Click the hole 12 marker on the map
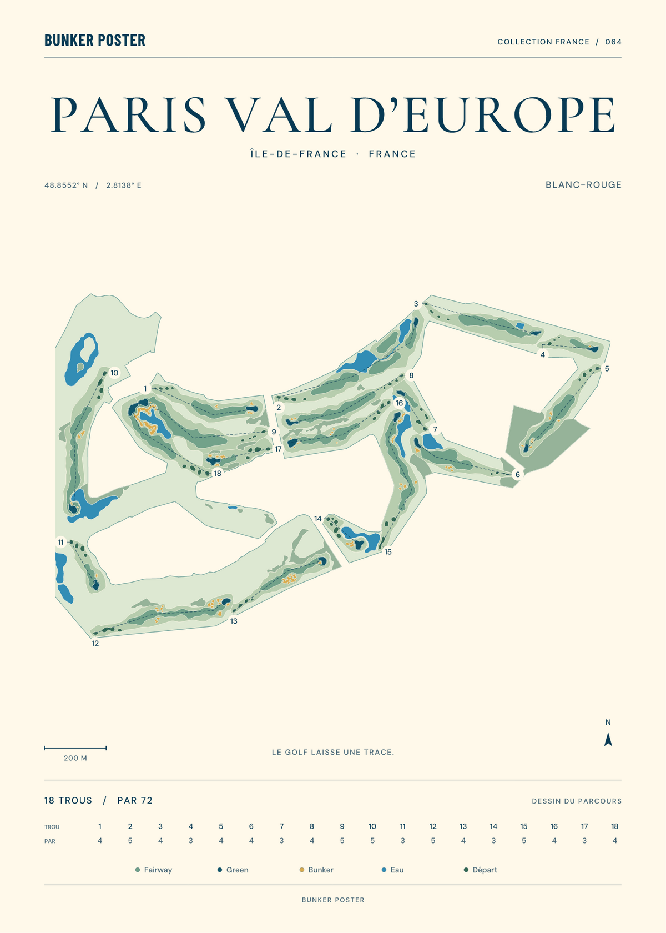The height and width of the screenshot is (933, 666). pyautogui.click(x=95, y=643)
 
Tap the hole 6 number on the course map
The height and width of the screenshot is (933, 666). pyautogui.click(x=517, y=474)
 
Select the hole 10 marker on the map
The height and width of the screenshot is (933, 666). pyautogui.click(x=114, y=373)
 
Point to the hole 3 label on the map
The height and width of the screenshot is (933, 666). pyautogui.click(x=416, y=304)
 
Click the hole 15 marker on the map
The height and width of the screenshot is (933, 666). pyautogui.click(x=388, y=552)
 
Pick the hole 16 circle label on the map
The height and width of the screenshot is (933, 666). pyautogui.click(x=400, y=403)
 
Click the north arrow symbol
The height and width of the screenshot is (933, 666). pyautogui.click(x=608, y=739)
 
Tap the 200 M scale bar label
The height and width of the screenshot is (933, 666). pyautogui.click(x=75, y=758)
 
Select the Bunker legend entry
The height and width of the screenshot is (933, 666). pyautogui.click(x=316, y=870)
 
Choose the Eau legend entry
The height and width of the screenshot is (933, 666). pyautogui.click(x=392, y=870)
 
